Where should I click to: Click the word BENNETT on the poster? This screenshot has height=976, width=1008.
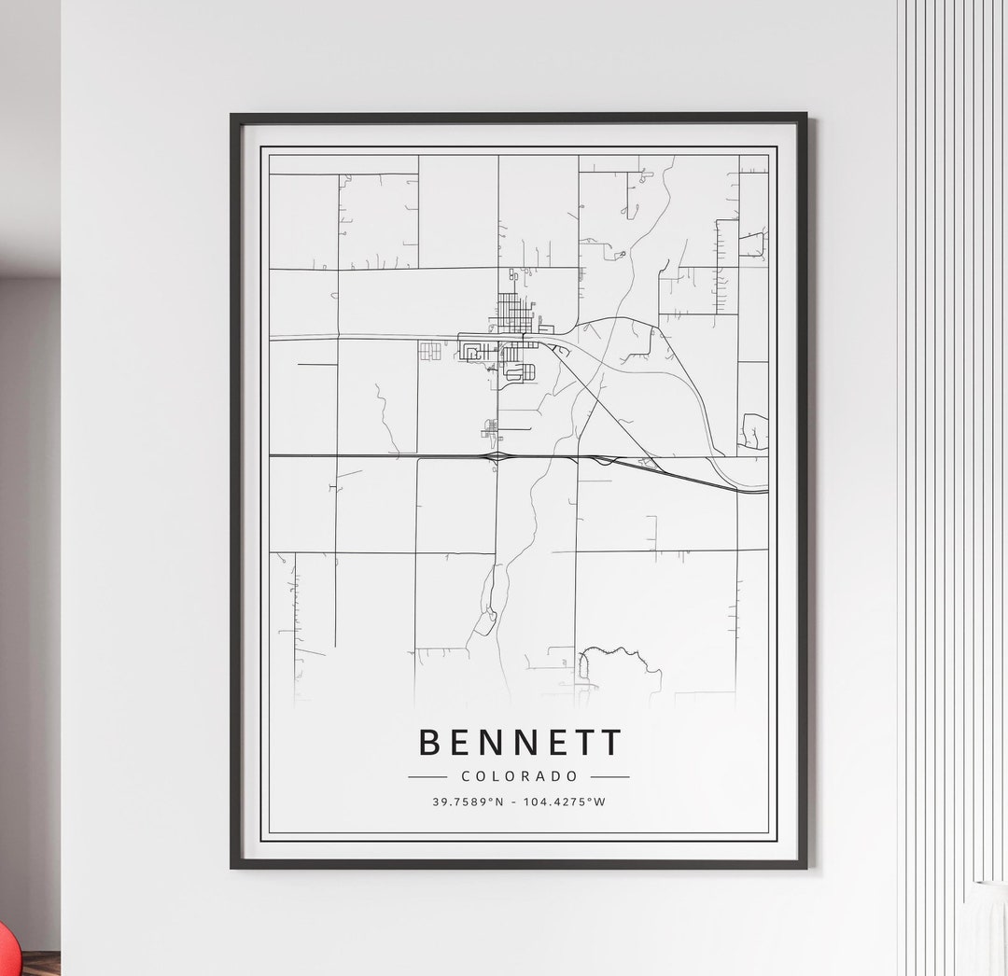[519, 743]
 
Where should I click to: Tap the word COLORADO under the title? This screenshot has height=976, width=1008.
[519, 776]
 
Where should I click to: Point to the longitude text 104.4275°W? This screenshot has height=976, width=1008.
[566, 802]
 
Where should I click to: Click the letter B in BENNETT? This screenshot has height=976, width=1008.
[429, 743]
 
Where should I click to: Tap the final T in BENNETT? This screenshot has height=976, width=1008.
[611, 743]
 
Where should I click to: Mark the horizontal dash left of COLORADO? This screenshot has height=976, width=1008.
[427, 776]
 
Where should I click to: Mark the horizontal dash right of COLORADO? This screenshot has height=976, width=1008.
[609, 776]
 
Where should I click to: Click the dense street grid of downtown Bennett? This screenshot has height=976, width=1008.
[512, 312]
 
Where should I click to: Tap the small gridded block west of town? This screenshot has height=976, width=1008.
[429, 351]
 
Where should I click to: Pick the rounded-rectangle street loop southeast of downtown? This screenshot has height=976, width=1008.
[521, 372]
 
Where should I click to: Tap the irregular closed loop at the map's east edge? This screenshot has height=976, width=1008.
[754, 431]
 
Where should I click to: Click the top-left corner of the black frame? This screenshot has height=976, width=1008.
[233, 117]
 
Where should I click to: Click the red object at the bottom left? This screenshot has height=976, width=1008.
[7, 952]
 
